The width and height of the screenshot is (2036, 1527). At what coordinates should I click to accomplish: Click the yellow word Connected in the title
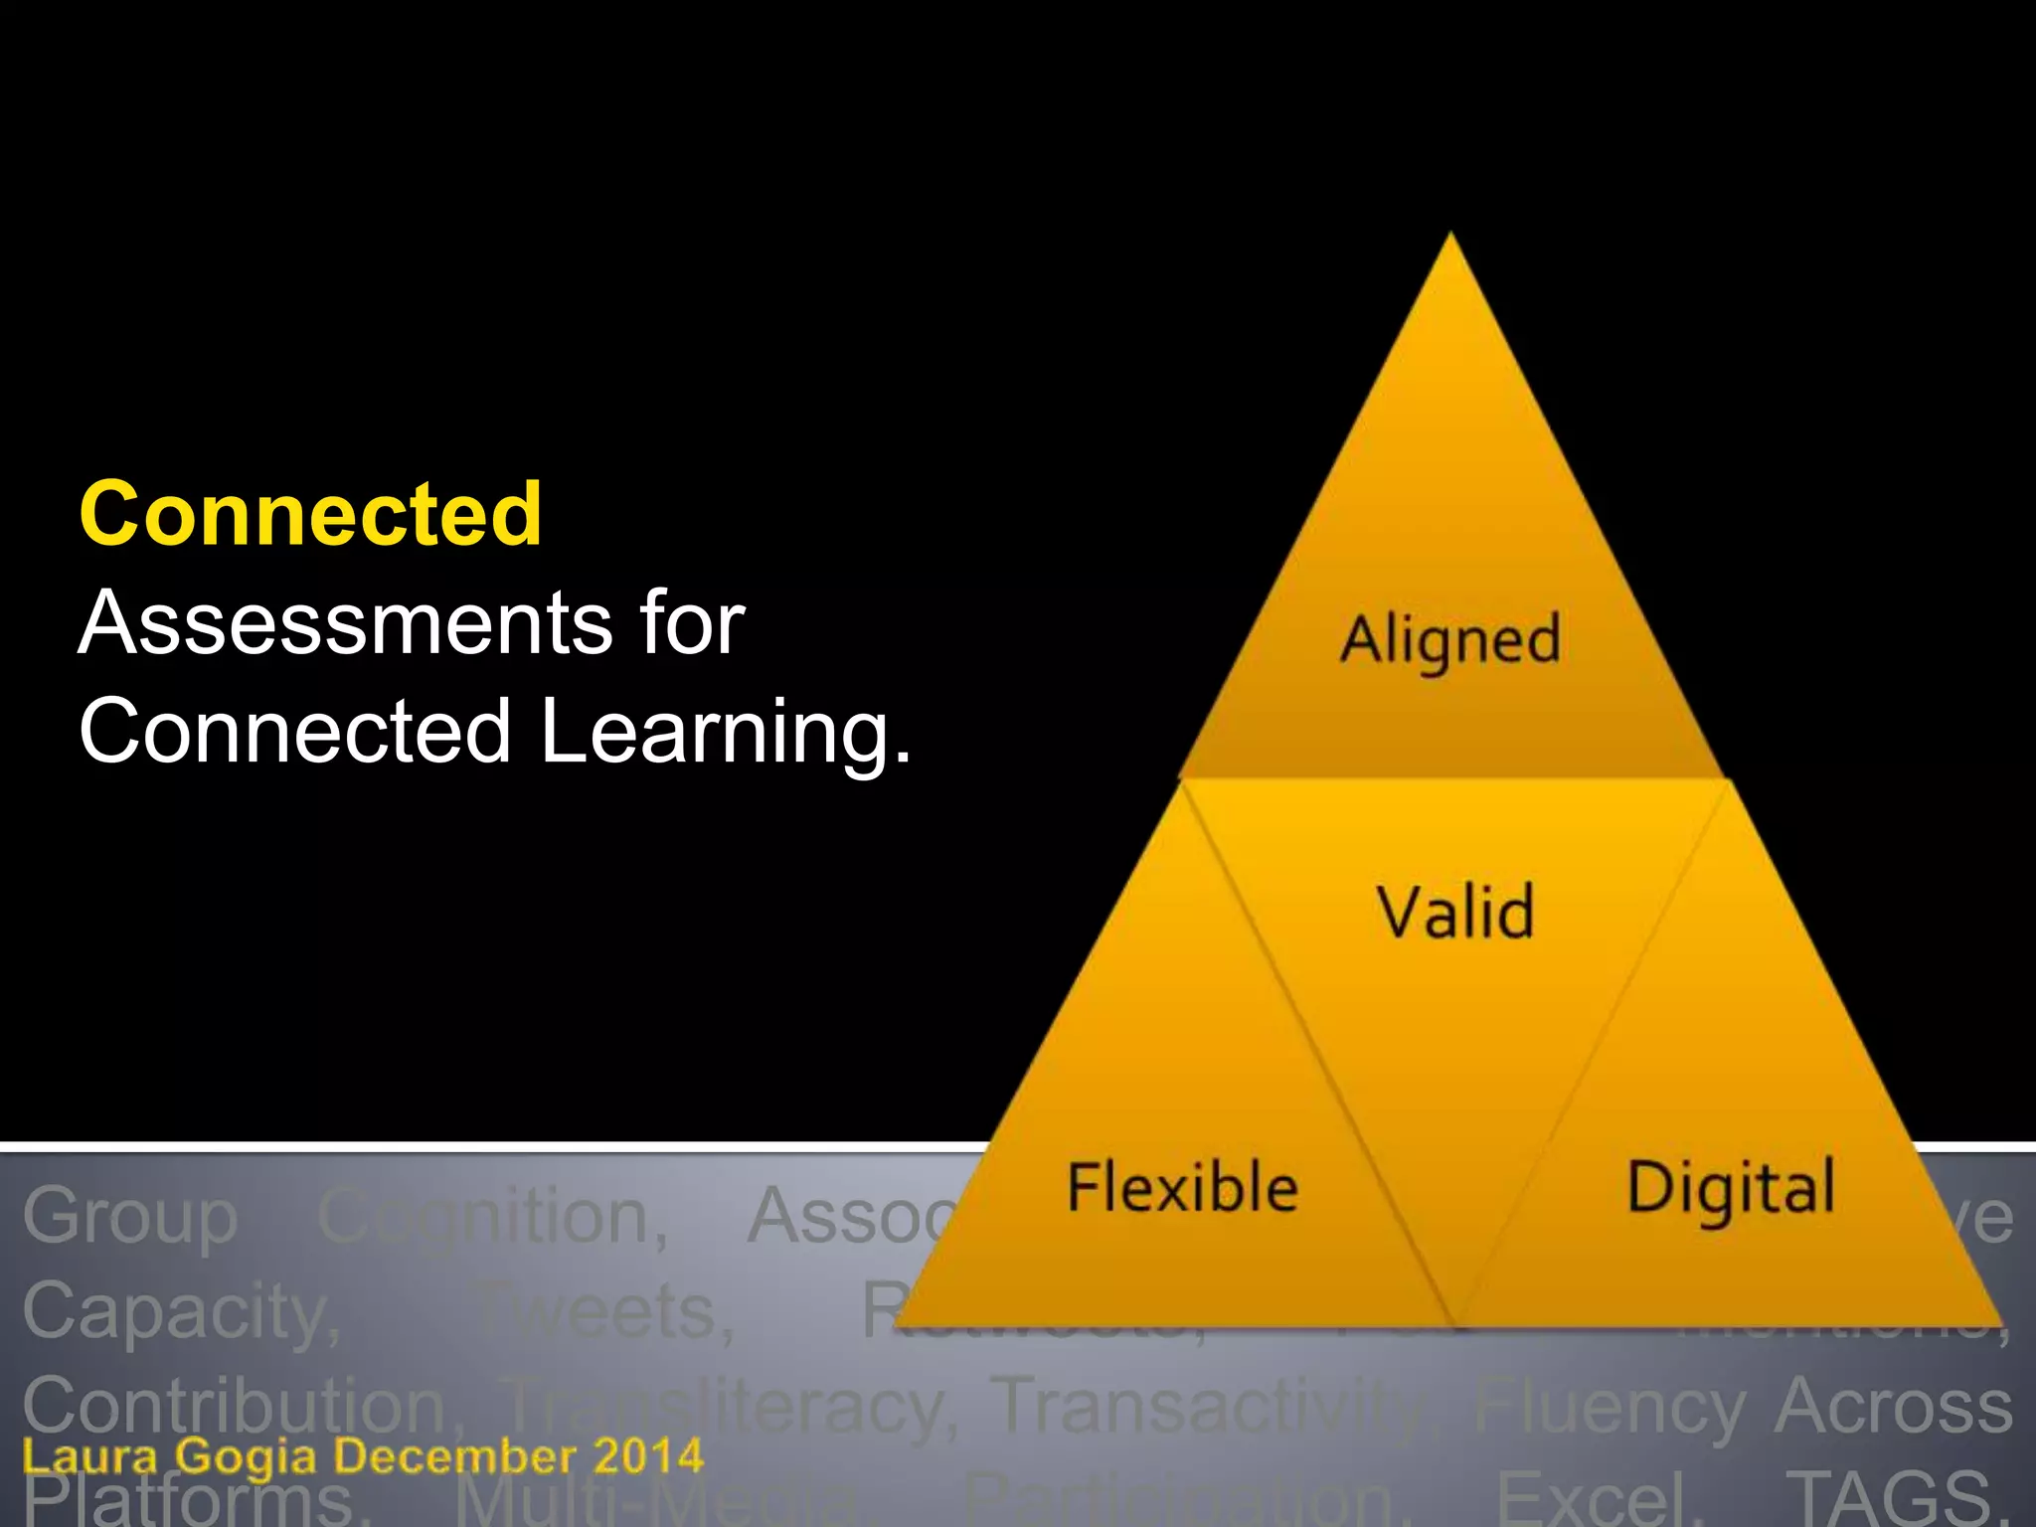pyautogui.click(x=311, y=515)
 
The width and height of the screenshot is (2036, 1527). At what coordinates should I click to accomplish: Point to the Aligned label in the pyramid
pyautogui.click(x=1450, y=640)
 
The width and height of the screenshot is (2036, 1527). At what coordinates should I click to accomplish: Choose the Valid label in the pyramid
pyautogui.click(x=1455, y=912)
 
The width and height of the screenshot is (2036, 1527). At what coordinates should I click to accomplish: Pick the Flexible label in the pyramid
pyautogui.click(x=1182, y=1188)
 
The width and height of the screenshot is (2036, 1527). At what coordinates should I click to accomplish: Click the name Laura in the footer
pyautogui.click(x=89, y=1457)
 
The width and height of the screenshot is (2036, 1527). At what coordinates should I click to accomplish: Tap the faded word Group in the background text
pyautogui.click(x=130, y=1217)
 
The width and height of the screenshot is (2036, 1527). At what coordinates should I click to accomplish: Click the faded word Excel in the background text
pyautogui.click(x=1596, y=1499)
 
